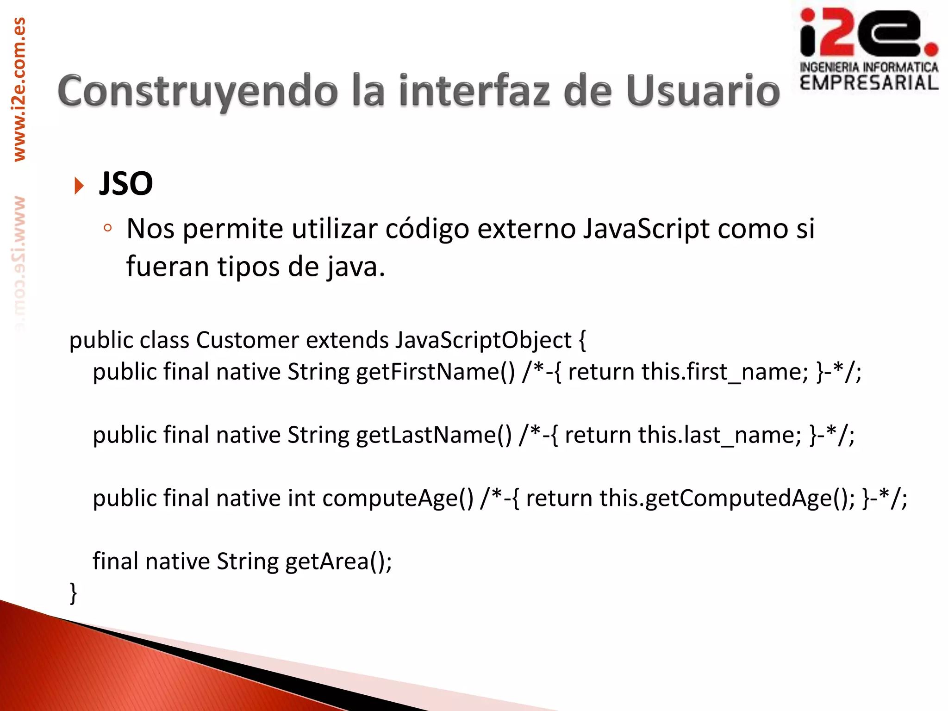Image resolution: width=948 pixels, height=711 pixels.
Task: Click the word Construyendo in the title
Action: [x=198, y=92]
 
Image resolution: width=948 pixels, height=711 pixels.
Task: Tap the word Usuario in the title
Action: [x=703, y=91]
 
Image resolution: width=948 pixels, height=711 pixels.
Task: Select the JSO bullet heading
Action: [x=126, y=184]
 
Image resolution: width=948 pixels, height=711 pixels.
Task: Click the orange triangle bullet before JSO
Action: [x=79, y=186]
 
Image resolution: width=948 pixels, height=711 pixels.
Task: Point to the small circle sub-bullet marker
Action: [x=108, y=228]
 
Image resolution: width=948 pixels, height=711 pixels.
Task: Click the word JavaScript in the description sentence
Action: [x=646, y=229]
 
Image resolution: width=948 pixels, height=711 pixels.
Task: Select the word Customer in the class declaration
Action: [x=247, y=340]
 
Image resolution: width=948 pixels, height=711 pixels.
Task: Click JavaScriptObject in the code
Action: [x=483, y=340]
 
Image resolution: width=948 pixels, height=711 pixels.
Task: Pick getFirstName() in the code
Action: [x=435, y=372]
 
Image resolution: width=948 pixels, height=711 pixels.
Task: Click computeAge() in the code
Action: [x=398, y=499]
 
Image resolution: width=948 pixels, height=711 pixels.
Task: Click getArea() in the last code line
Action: [x=338, y=562]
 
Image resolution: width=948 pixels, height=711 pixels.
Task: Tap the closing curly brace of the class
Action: [x=73, y=593]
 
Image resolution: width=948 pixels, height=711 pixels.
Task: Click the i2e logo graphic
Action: [x=868, y=32]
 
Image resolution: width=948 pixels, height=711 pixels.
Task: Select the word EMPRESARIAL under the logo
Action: [x=869, y=83]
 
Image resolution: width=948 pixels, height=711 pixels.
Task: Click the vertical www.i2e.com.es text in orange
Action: [x=19, y=89]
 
